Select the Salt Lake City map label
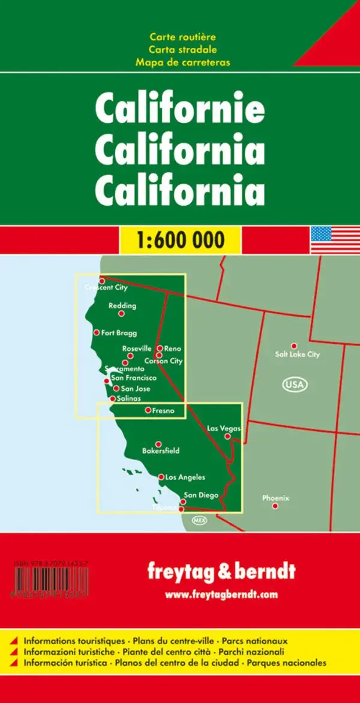[x=298, y=354]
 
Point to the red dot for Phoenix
[x=275, y=506]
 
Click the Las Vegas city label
[x=224, y=428]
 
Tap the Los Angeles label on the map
[x=185, y=477]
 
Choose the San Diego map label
[x=201, y=495]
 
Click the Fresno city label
[x=163, y=411]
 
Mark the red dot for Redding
[x=121, y=313]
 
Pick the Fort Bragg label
[x=119, y=333]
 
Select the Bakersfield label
[x=161, y=451]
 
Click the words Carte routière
[x=182, y=38]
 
